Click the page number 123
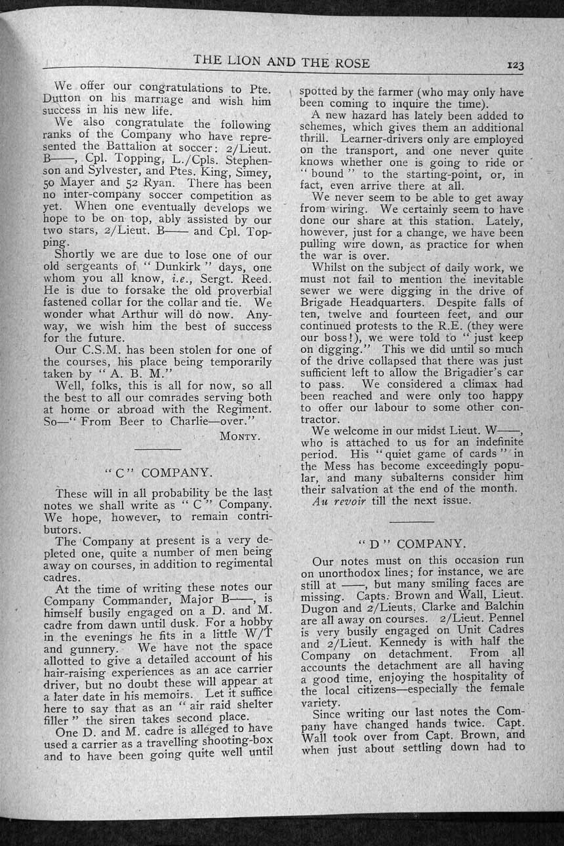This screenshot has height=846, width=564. coord(515,65)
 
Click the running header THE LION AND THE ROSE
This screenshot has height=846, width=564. coord(282,63)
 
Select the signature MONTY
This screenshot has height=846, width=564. coord(240,435)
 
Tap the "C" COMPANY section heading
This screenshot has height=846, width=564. coord(158,472)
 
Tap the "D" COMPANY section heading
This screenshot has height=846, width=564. coord(413,544)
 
